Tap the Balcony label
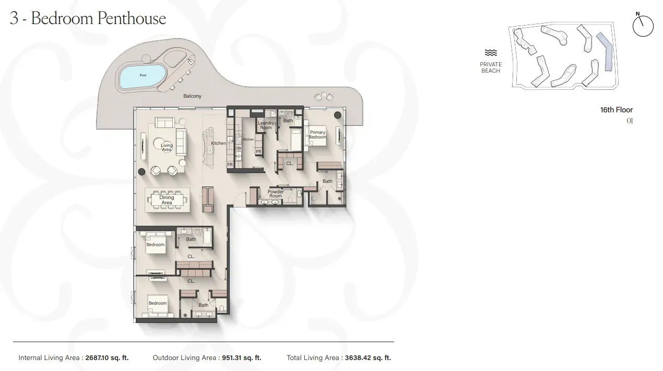coord(192,97)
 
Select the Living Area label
coord(167,148)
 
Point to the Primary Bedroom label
coord(317,135)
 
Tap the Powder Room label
coord(276,194)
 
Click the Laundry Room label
coord(266,125)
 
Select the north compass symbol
coord(643,26)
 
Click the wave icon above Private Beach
coord(490,53)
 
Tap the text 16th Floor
coord(616,110)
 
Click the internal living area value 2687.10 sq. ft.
coord(106,358)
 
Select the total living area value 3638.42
coord(368,358)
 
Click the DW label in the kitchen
coord(239,148)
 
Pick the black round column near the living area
coord(141,171)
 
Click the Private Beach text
coord(491,67)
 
